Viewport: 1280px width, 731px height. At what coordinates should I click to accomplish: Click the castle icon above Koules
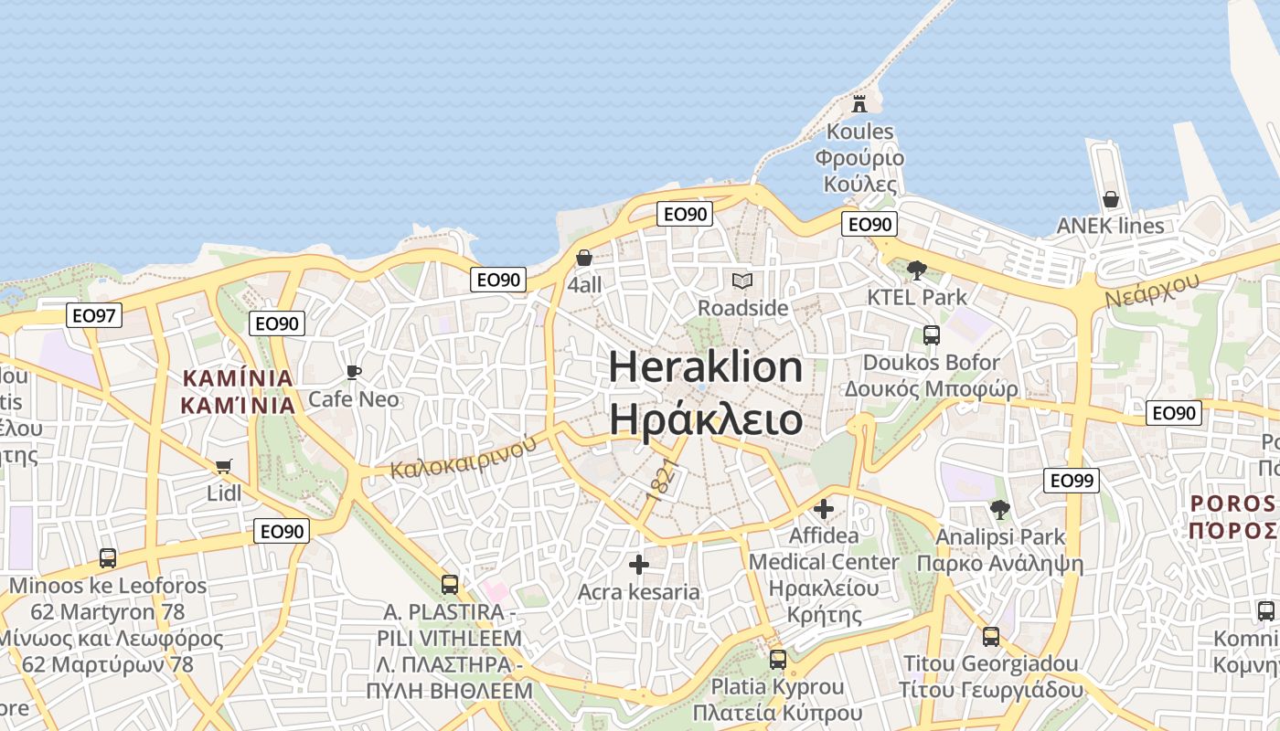859,104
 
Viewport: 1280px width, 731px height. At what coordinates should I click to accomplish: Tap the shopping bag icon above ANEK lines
1111,199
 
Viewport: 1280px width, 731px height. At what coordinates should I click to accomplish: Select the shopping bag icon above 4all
584,259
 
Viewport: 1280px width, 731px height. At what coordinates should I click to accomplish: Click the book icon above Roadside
742,281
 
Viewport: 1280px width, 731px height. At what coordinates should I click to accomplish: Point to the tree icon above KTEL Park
917,270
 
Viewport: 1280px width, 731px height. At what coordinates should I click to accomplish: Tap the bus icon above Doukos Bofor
932,335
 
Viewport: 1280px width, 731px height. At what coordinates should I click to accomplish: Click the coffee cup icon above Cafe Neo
354,372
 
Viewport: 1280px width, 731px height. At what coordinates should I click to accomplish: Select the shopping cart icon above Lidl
224,467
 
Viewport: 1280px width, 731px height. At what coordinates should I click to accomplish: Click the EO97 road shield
94,316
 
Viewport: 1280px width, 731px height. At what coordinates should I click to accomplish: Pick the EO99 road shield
1072,481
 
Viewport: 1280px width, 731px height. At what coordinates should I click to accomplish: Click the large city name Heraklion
706,367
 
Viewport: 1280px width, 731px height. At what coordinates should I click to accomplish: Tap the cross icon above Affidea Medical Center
824,508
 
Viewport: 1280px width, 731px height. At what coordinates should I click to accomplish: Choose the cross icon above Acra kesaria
639,565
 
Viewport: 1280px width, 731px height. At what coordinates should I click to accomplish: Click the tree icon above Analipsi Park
1000,510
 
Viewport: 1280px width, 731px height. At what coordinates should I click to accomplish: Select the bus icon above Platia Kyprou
777,659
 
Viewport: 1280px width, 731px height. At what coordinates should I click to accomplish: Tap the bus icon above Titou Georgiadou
991,636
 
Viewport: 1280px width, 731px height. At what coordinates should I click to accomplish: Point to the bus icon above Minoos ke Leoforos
108,557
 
